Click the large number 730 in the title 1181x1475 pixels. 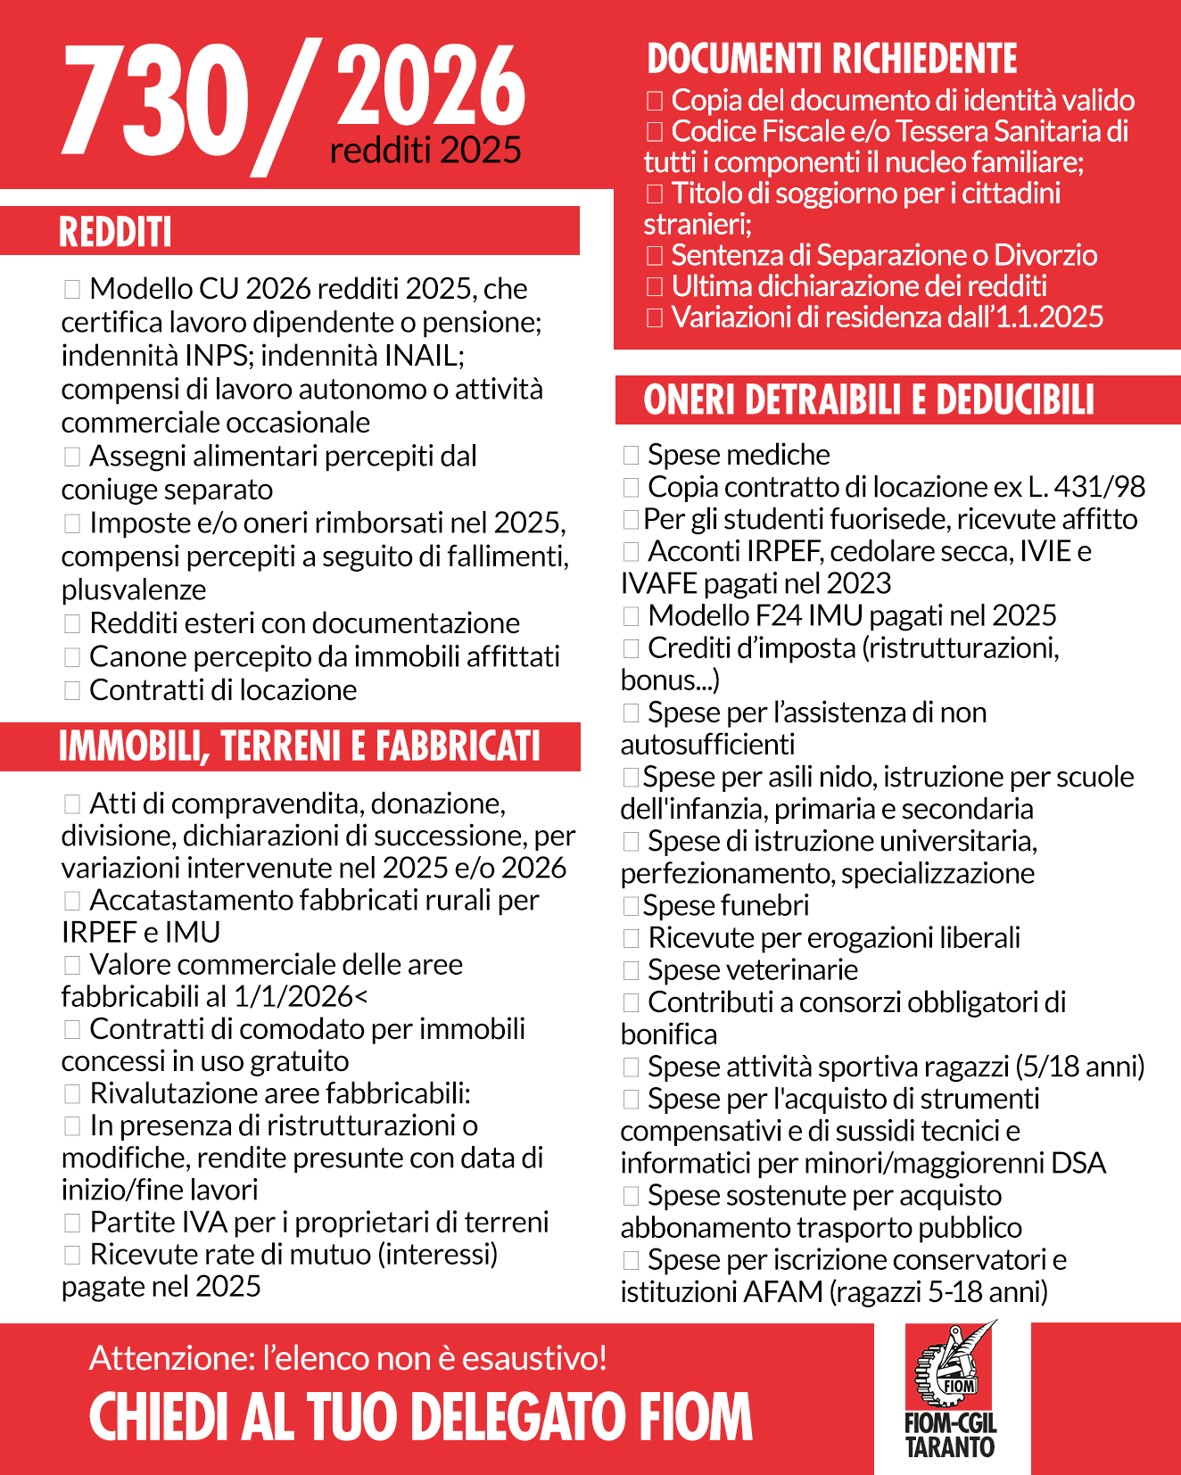pos(156,100)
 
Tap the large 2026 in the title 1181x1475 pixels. pos(431,86)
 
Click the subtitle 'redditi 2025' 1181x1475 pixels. pos(425,151)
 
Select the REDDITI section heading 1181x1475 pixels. pos(115,232)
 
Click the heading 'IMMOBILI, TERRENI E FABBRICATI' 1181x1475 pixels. pos(300,746)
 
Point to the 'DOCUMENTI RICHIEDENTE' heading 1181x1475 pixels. pos(831,59)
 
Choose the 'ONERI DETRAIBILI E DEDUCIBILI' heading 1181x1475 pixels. pos(868,400)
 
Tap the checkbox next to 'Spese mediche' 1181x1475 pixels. pos(631,456)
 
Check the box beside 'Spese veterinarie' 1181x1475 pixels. pos(631,970)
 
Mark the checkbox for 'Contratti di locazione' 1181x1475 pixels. pos(72,690)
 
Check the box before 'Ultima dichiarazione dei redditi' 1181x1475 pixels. pos(655,286)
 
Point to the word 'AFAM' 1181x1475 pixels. pos(783,1292)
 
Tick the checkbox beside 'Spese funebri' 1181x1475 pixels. pos(631,906)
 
